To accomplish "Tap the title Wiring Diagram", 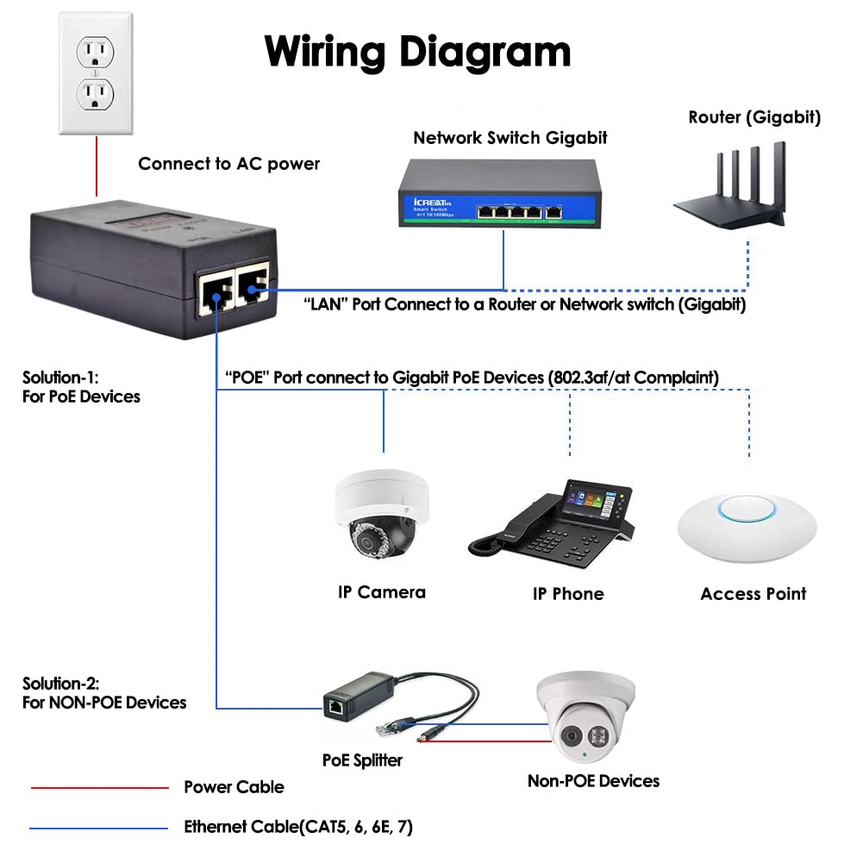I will (x=417, y=51).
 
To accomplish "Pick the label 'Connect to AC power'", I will (x=228, y=164).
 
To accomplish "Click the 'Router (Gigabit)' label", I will (x=754, y=117).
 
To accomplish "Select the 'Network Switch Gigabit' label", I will (x=510, y=137).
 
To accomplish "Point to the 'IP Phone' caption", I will (x=567, y=593).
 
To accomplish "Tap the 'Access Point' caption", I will (x=753, y=593).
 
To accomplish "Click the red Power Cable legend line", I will (x=99, y=787).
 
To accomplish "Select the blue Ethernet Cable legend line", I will (x=99, y=829).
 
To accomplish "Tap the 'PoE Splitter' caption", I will (x=362, y=760).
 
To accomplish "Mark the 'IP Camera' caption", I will (x=381, y=591).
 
